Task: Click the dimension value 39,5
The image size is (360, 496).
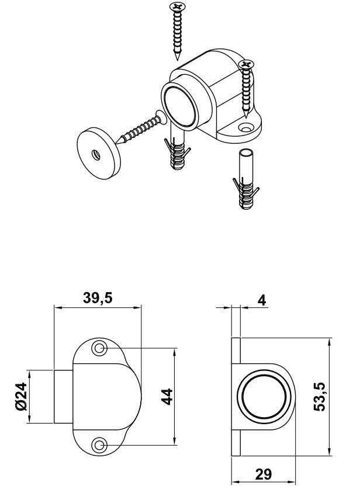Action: point(98,298)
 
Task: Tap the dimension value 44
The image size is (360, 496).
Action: point(165,397)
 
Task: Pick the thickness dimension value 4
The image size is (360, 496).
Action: point(262,300)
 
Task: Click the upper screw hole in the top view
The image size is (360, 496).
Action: point(99,349)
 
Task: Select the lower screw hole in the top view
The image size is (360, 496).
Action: point(99,446)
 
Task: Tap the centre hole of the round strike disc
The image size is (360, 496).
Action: point(94,155)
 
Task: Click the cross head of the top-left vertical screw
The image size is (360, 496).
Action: point(176,8)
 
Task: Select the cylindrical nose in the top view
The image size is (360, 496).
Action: point(63,397)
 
